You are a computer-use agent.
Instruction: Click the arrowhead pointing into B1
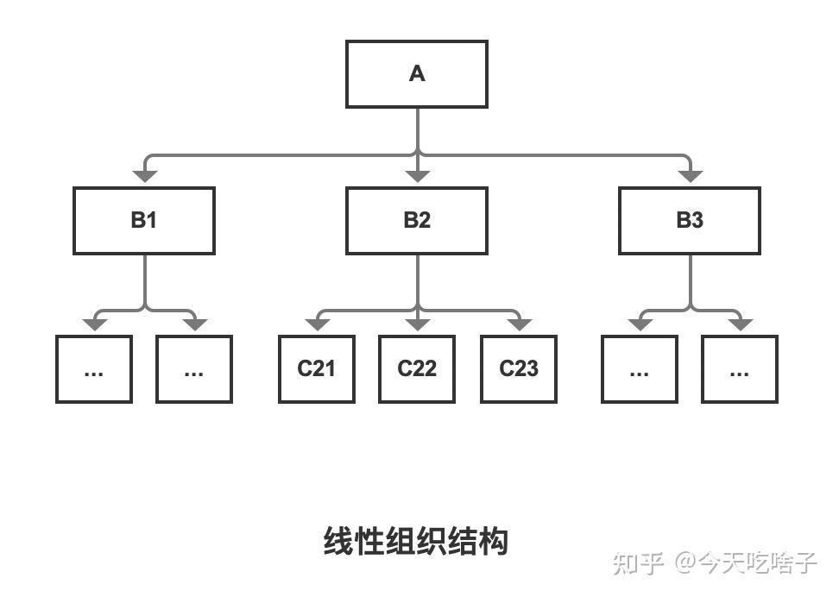pos(145,176)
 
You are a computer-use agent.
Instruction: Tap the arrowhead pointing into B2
pos(418,176)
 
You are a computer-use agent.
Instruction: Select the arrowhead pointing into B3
pos(691,176)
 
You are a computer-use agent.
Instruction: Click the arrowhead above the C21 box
pos(318,324)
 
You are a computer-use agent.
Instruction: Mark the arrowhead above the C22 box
pos(418,324)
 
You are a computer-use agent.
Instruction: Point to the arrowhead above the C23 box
pos(519,324)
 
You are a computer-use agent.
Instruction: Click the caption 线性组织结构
pos(416,541)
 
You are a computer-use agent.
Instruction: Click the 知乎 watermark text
pos(639,563)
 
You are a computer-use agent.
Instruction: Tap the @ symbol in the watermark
pos(685,562)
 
